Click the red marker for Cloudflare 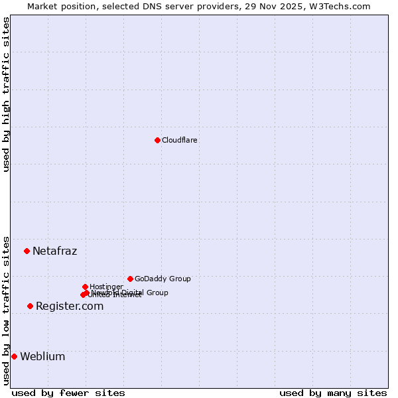click(157, 140)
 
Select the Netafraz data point click(27, 251)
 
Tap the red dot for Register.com click(30, 306)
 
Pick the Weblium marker click(14, 356)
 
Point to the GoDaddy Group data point click(130, 279)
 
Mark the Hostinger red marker click(85, 287)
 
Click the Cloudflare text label click(180, 140)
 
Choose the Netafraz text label click(54, 251)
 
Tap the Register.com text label click(70, 306)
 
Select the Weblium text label click(42, 356)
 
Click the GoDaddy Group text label click(163, 279)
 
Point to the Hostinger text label click(106, 287)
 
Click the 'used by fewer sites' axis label click(68, 393)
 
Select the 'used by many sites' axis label click(333, 393)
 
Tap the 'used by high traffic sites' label click(6, 95)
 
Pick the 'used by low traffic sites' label click(6, 310)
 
